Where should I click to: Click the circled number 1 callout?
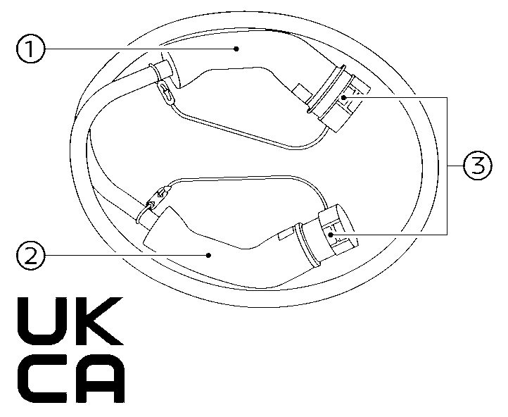(x=30, y=49)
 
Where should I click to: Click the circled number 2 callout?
(x=30, y=256)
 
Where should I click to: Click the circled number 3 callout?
(x=478, y=166)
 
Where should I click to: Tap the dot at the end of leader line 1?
(x=236, y=49)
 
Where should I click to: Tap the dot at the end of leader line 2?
(x=209, y=255)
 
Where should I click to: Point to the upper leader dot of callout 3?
(x=344, y=97)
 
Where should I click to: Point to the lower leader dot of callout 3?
(x=331, y=234)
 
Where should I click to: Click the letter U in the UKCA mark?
(x=42, y=321)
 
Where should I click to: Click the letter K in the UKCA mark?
(x=99, y=321)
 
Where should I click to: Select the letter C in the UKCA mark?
(x=42, y=378)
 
